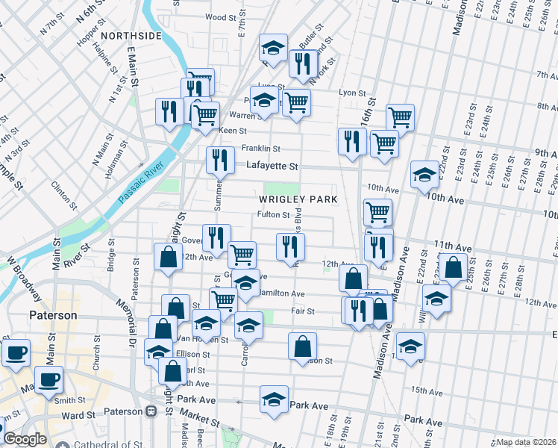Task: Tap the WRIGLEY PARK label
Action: pos(298,199)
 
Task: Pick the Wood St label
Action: pos(220,16)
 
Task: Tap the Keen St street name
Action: pos(232,131)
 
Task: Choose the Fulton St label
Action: pos(273,215)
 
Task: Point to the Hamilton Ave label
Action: pos(281,293)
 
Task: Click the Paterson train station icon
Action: pos(151,411)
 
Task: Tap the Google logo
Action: pos(25,439)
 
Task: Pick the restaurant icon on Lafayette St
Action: pos(219,159)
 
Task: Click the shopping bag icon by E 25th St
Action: pos(453,267)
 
